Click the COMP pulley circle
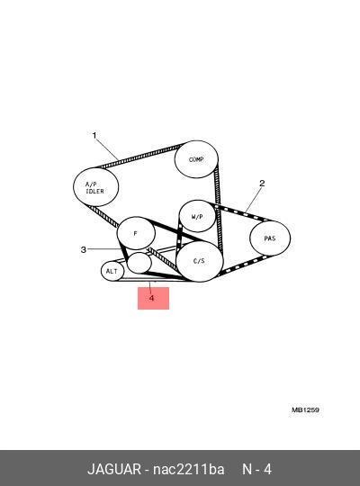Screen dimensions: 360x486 196,159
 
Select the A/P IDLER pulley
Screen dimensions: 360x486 95,187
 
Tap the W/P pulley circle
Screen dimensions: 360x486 197,216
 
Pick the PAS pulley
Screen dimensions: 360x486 270,238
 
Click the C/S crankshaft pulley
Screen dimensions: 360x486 200,261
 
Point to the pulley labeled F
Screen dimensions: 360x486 136,233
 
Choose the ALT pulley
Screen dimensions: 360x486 112,271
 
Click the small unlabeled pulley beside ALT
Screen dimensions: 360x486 139,263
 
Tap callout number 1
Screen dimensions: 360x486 94,135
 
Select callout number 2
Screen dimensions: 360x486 262,184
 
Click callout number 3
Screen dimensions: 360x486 83,249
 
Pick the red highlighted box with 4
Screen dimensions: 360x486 153,298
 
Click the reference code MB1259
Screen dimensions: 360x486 305,409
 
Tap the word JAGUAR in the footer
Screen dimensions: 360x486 114,469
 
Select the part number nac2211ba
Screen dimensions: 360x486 188,469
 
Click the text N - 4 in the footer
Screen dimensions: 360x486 256,469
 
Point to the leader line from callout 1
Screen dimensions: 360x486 107,149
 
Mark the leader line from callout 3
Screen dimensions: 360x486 103,249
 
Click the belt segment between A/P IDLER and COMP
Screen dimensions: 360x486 139,156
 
